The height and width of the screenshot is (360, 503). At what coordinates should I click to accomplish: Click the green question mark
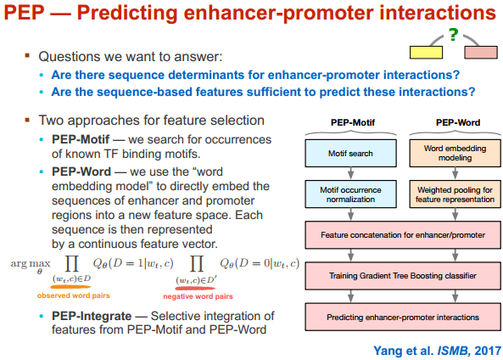click(x=453, y=35)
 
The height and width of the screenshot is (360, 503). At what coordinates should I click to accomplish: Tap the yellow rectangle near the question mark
click(x=426, y=53)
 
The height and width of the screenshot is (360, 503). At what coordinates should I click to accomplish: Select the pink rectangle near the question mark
click(x=481, y=53)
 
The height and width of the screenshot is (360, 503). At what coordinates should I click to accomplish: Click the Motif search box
click(x=350, y=153)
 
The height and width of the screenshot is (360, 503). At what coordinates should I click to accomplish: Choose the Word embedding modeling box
click(x=455, y=153)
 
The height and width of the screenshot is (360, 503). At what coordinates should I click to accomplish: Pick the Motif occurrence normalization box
click(x=350, y=194)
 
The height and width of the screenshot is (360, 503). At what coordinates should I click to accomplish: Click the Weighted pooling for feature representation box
click(x=455, y=194)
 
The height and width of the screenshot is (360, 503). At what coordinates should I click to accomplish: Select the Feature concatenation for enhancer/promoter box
click(x=403, y=234)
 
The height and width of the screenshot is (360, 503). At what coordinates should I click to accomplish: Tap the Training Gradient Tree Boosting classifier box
click(x=403, y=276)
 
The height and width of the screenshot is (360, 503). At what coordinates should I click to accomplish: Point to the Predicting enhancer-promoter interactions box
click(x=403, y=317)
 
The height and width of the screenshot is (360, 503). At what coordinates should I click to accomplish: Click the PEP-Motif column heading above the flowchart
click(x=353, y=122)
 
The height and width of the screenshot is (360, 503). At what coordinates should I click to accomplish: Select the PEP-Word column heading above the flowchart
click(x=458, y=122)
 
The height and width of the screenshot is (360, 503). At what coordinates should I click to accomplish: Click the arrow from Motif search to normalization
click(x=350, y=173)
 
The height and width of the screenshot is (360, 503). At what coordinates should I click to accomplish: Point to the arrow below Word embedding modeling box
click(x=455, y=173)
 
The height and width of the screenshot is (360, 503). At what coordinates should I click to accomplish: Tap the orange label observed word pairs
click(x=74, y=295)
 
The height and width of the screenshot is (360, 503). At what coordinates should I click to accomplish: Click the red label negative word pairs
click(x=198, y=296)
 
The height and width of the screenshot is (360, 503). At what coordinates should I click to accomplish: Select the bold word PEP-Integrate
click(x=92, y=316)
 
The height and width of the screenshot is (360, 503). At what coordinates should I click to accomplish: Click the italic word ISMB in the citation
click(x=453, y=351)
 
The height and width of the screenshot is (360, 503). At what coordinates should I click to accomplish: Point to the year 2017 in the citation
click(x=488, y=351)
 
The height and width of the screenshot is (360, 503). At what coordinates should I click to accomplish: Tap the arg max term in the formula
click(x=31, y=265)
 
